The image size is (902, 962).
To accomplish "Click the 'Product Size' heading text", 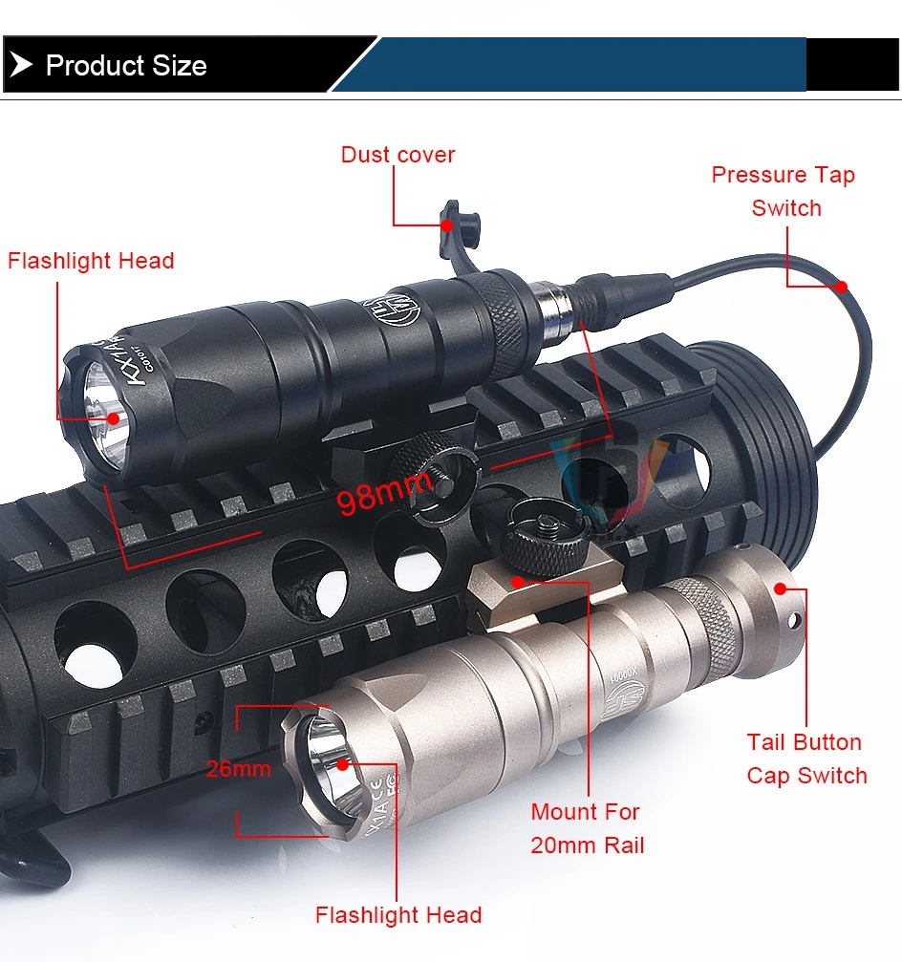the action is point(126,66).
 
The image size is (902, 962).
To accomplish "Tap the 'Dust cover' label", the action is point(397,155).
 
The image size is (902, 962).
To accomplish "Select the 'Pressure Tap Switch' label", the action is point(784,191).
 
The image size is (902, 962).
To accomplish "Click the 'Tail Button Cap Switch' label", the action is point(806,759).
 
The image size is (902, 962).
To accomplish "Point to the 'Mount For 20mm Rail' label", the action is point(586,828).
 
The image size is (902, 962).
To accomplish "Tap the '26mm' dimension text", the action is point(239,768).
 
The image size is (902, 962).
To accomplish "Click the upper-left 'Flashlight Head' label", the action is point(91,261).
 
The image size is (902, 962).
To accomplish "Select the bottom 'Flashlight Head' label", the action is point(398,915).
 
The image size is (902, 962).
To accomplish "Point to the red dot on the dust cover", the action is point(446,224).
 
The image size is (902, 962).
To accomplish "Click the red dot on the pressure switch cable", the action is point(841,285).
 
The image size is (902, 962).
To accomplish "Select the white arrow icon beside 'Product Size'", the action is point(21,66).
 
